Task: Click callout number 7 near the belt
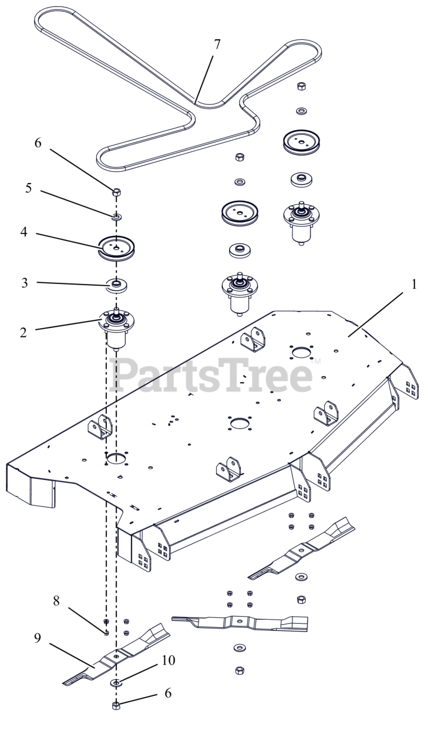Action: pyautogui.click(x=217, y=44)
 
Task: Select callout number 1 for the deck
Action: pyautogui.click(x=414, y=285)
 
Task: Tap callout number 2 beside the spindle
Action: pyautogui.click(x=23, y=333)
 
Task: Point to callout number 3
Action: pyautogui.click(x=25, y=283)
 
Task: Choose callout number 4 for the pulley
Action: pyautogui.click(x=23, y=232)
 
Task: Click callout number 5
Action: pyautogui.click(x=29, y=188)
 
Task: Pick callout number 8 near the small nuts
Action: pyautogui.click(x=56, y=600)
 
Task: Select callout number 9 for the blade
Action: pyautogui.click(x=38, y=638)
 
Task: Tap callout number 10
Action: pyautogui.click(x=169, y=660)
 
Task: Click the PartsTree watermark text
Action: pyautogui.click(x=211, y=374)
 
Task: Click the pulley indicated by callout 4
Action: pyautogui.click(x=116, y=248)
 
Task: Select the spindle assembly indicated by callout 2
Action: pyautogui.click(x=116, y=329)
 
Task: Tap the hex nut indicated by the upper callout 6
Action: pyautogui.click(x=116, y=192)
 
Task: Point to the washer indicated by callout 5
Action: pyautogui.click(x=117, y=217)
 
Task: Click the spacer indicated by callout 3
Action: pyautogui.click(x=116, y=285)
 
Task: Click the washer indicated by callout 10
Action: pyautogui.click(x=116, y=682)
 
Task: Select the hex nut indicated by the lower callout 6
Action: pyautogui.click(x=116, y=705)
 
